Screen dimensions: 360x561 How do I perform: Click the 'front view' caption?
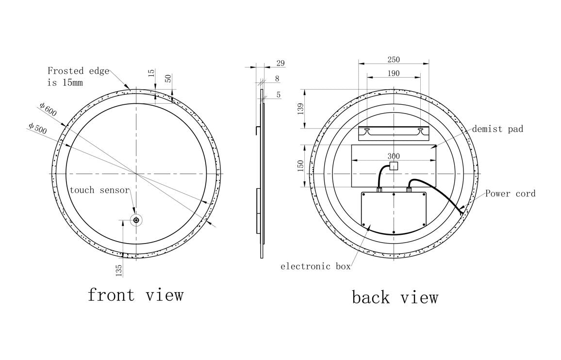[x=135, y=295]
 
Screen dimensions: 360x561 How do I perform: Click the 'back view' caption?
[x=395, y=297]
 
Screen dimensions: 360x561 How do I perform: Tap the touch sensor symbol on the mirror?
[x=136, y=221]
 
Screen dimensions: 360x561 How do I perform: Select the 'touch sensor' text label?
[x=99, y=190]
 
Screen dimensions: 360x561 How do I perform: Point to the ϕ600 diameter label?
[x=48, y=109]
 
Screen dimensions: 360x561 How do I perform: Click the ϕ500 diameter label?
[x=37, y=129]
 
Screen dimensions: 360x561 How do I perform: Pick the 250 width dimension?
[x=394, y=59]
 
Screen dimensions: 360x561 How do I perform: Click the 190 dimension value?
[x=394, y=73]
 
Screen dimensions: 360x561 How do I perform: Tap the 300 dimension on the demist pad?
[x=394, y=156]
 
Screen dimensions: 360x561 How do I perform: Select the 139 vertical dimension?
[x=300, y=108]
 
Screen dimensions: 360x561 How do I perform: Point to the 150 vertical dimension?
[x=300, y=165]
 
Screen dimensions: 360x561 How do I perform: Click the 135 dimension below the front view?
[x=119, y=270]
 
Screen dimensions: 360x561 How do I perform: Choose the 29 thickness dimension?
[x=280, y=63]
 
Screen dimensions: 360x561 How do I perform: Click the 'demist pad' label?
[x=497, y=129]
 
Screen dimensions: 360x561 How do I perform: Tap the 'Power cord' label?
[x=511, y=194]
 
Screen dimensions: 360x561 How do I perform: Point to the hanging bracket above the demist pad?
[x=394, y=132]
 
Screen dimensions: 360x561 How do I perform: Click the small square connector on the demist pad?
[x=394, y=165]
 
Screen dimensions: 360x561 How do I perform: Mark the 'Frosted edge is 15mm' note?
[x=78, y=77]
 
